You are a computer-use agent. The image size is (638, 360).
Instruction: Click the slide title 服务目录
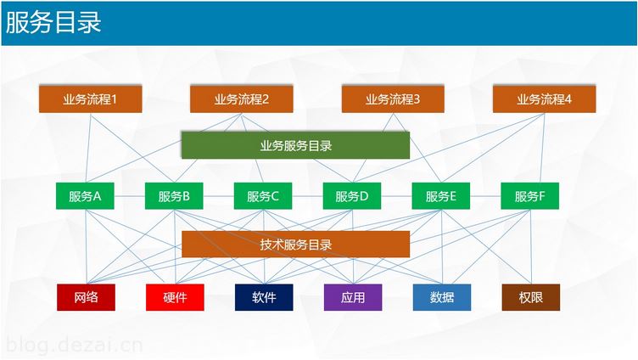pyautogui.click(x=53, y=22)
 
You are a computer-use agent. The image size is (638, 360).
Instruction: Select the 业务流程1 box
pyautogui.click(x=90, y=99)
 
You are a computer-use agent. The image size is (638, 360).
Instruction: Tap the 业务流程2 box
pyautogui.click(x=242, y=99)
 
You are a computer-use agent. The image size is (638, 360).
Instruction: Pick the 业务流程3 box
pyautogui.click(x=393, y=99)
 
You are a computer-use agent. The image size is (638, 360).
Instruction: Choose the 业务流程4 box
pyautogui.click(x=544, y=99)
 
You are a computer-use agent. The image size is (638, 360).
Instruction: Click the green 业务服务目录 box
pyautogui.click(x=295, y=145)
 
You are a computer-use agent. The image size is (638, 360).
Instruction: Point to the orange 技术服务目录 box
pyautogui.click(x=295, y=245)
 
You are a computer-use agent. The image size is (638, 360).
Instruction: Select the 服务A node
pyautogui.click(x=85, y=196)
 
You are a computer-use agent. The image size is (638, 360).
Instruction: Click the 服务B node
pyautogui.click(x=174, y=196)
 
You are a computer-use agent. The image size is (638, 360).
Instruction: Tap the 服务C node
pyautogui.click(x=263, y=196)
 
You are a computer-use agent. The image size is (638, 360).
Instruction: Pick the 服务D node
pyautogui.click(x=352, y=196)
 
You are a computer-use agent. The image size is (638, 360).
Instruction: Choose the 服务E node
pyautogui.click(x=441, y=196)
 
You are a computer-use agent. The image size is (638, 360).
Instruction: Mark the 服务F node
pyautogui.click(x=529, y=196)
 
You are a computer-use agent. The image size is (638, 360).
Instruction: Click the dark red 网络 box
pyautogui.click(x=86, y=297)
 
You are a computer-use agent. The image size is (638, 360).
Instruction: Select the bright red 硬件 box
pyautogui.click(x=175, y=297)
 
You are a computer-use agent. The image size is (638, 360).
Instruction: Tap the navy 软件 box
pyautogui.click(x=264, y=297)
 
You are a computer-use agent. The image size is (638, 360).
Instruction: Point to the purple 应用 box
pyautogui.click(x=353, y=297)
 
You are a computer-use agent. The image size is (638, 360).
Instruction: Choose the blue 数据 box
pyautogui.click(x=442, y=297)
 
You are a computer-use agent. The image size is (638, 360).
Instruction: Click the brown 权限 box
pyautogui.click(x=531, y=297)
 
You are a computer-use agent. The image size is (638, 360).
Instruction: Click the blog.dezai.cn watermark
pyautogui.click(x=75, y=345)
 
